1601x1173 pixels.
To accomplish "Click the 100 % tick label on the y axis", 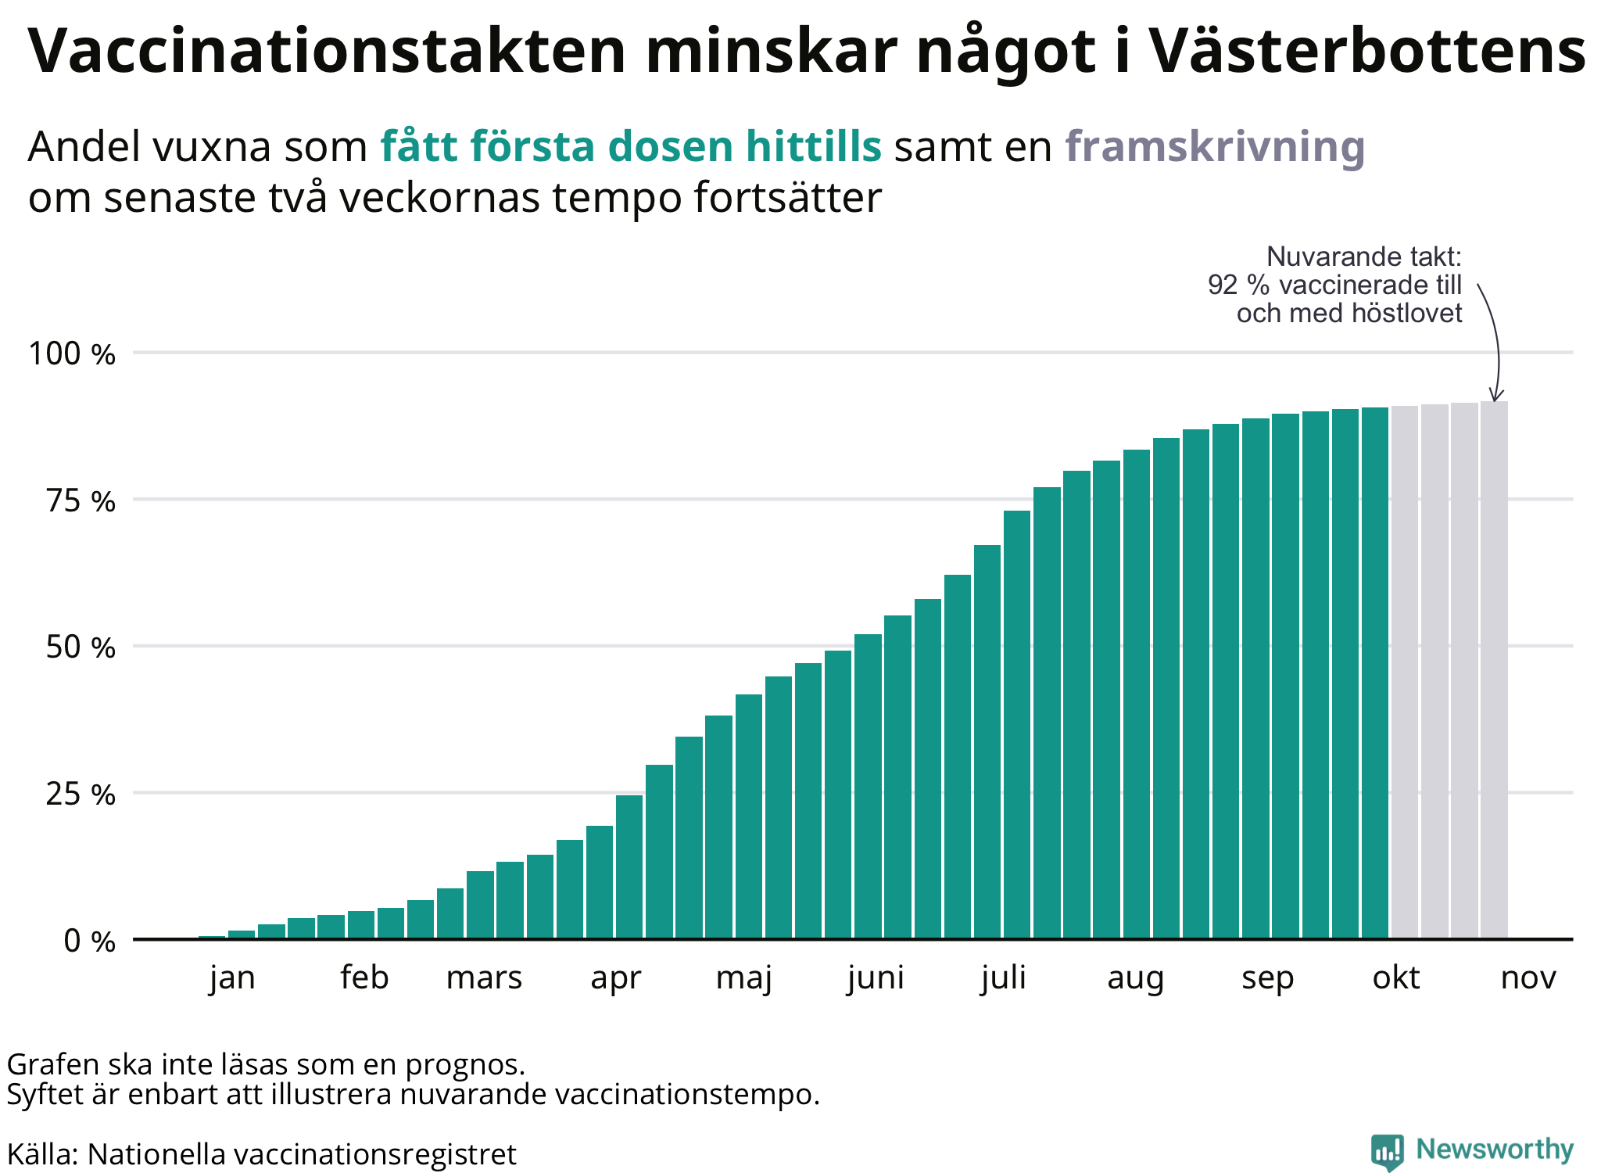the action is [x=72, y=354].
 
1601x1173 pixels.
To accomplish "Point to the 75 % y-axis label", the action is [x=81, y=501].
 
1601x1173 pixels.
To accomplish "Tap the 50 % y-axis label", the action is [x=81, y=647].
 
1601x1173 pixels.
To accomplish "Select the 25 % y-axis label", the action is [x=81, y=795].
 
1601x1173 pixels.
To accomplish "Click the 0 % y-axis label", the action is [x=90, y=941].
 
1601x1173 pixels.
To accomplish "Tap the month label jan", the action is [x=232, y=978].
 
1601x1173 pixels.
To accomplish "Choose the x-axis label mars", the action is [x=484, y=977].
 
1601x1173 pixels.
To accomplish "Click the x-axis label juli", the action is [x=1004, y=978].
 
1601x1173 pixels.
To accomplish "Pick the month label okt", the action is [x=1396, y=977].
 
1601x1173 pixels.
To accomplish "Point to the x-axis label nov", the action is [x=1528, y=978].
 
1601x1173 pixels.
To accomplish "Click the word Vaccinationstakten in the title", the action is [x=328, y=51].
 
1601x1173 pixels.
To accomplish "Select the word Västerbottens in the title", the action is [x=1368, y=51].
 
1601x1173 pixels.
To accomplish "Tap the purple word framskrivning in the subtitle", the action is [x=1215, y=147].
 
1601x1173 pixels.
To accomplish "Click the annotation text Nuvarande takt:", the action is [x=1364, y=256].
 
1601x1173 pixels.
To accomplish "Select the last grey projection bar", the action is [x=1494, y=669].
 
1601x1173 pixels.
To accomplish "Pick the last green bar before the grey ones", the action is [x=1375, y=673].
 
